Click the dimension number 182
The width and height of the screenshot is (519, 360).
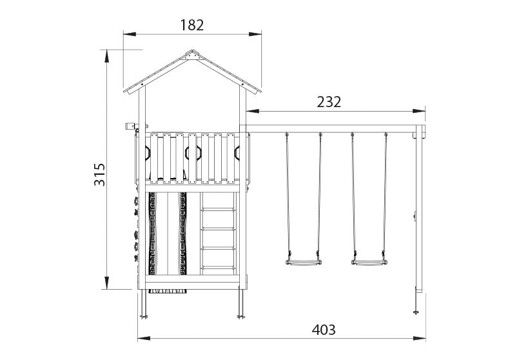pyautogui.click(x=192, y=25)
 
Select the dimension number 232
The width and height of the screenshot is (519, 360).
pyautogui.click(x=329, y=102)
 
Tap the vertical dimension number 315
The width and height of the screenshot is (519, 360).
pyautogui.click(x=99, y=174)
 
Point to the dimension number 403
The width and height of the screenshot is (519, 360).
pyautogui.click(x=324, y=330)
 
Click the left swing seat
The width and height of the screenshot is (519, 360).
pyautogui.click(x=303, y=262)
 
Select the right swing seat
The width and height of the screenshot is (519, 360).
pyautogui.click(x=369, y=262)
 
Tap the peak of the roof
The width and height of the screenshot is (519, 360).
pyautogui.click(x=191, y=51)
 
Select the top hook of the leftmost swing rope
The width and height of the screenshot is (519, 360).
pyautogui.click(x=287, y=135)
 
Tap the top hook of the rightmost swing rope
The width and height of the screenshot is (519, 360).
pyautogui.click(x=386, y=135)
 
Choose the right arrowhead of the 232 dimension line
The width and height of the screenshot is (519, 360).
pyautogui.click(x=422, y=111)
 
